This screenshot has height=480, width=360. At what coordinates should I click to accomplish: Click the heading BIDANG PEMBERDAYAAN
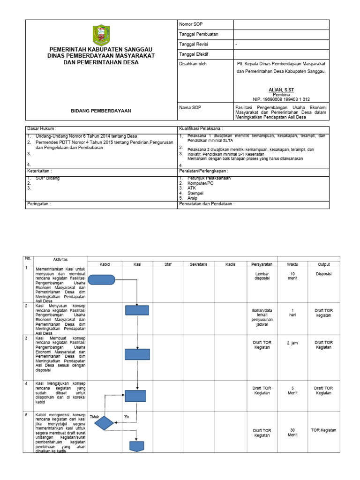click(x=101, y=111)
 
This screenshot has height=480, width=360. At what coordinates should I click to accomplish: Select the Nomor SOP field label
click(x=191, y=24)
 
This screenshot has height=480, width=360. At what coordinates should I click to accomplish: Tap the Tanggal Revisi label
click(x=194, y=44)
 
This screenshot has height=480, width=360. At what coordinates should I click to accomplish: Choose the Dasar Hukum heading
click(x=42, y=128)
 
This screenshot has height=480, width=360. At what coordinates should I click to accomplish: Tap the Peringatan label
click(x=39, y=204)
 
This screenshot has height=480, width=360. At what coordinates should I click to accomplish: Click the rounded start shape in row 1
click(x=101, y=280)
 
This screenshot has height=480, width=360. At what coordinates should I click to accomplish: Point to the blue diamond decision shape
click(x=104, y=423)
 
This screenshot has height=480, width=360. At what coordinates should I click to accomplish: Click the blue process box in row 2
click(x=137, y=310)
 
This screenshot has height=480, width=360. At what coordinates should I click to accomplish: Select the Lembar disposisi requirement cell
click(x=262, y=276)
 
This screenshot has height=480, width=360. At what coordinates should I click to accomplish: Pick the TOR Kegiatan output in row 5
click(x=323, y=430)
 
